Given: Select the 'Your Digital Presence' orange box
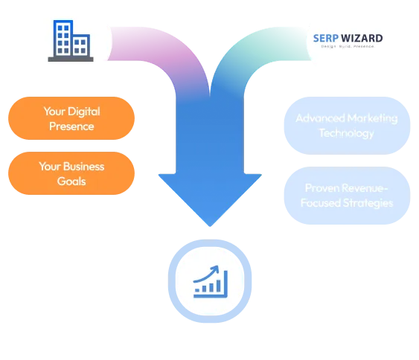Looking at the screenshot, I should [x=71, y=119].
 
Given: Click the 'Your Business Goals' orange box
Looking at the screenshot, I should [x=71, y=173].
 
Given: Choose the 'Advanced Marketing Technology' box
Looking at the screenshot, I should [x=346, y=126].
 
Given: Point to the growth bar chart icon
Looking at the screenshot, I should [x=209, y=280].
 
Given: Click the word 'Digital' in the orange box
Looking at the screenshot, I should [x=84, y=112].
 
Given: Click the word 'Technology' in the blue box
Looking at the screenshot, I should [x=346, y=133].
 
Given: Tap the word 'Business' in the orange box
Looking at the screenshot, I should [x=83, y=167].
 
